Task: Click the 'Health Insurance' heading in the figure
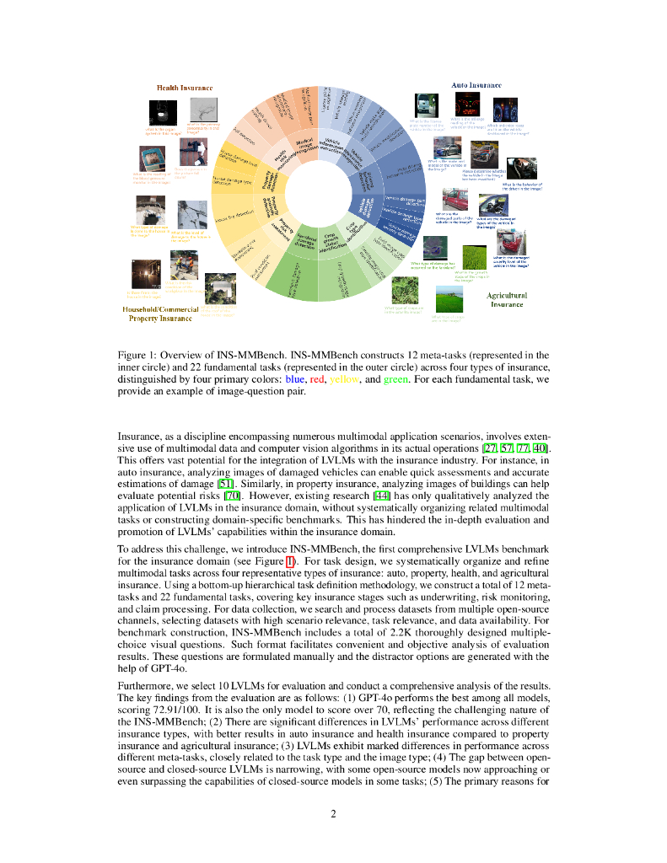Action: (185, 88)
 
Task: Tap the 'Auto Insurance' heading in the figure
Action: (476, 85)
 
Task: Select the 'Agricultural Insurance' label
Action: (507, 300)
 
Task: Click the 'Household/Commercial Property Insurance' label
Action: (160, 314)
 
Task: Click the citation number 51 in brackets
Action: (225, 484)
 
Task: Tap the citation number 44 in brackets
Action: (383, 496)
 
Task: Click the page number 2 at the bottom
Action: (333, 813)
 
